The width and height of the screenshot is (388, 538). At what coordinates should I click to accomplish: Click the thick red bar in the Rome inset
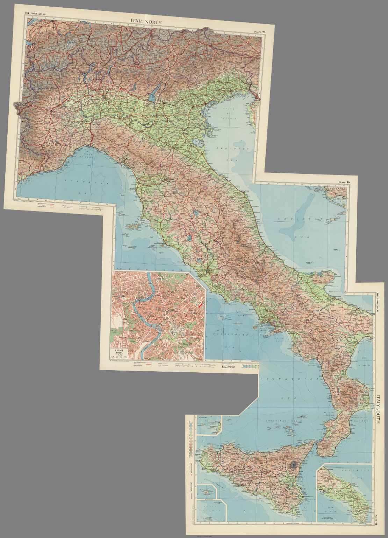coord(200,306)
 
